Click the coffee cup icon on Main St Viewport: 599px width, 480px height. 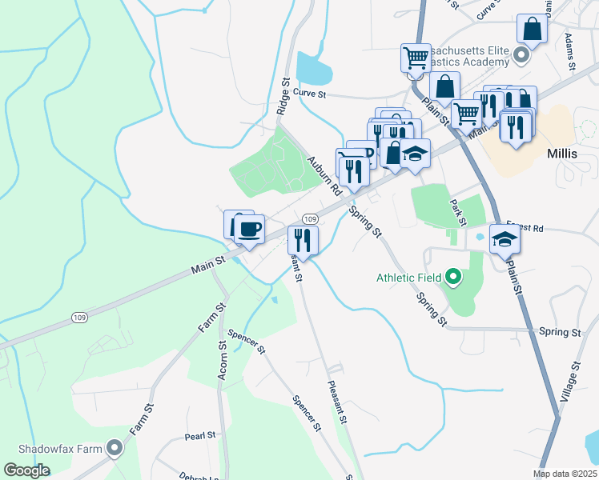click(250, 230)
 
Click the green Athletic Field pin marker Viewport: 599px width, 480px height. click(453, 278)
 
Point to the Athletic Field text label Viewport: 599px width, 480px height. click(409, 278)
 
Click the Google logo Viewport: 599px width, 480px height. click(26, 470)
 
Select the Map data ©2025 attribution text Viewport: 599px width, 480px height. click(565, 474)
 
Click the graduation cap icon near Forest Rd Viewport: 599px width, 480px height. click(505, 239)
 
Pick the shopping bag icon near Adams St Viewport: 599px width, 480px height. click(532, 31)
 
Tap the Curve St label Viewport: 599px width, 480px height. click(310, 94)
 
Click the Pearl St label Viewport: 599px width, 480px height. click(200, 436)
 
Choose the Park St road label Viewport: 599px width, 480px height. click(458, 212)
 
